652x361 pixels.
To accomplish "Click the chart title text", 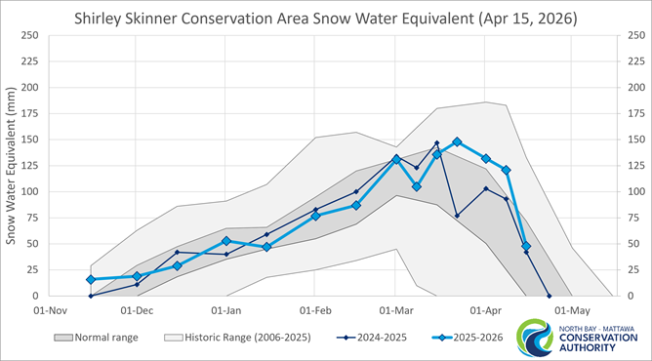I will point(326,18).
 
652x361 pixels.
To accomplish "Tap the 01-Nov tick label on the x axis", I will point(48,310).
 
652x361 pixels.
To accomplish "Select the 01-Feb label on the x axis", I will point(314,310).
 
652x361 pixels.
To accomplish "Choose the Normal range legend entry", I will point(98,338).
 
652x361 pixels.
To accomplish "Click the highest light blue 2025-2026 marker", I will point(457,142).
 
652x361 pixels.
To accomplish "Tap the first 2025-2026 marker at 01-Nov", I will point(91,279).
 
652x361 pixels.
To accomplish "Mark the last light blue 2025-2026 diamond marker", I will point(526,246).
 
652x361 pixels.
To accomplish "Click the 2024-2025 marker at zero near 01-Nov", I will point(91,296).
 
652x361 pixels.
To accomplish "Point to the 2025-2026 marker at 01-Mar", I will point(396,159).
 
